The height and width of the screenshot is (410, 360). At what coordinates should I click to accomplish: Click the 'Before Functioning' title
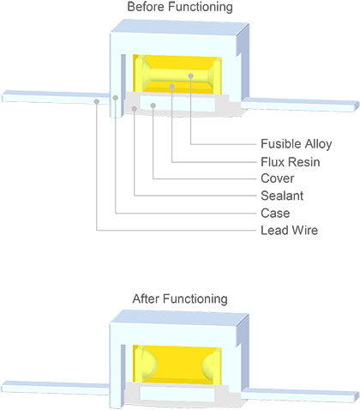pos(180,7)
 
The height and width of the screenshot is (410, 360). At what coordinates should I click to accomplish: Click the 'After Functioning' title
pos(180,298)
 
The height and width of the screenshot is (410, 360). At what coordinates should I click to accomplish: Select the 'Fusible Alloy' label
pos(297,144)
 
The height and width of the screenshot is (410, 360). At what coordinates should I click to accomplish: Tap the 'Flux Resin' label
pos(291,162)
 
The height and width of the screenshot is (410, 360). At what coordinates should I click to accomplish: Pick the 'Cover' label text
pos(278,178)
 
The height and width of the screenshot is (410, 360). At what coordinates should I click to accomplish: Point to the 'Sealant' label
pos(282,196)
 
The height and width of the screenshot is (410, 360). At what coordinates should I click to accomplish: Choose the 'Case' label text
pos(275,214)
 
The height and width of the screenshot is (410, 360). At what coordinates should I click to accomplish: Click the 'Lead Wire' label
pos(289,231)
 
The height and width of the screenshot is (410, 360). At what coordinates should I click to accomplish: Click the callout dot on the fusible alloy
pos(190,76)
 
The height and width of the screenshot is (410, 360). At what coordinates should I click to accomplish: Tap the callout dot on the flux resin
pos(171,87)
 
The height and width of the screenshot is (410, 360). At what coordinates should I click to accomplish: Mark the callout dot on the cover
pos(153,106)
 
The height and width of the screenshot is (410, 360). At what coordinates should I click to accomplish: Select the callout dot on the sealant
pos(135,109)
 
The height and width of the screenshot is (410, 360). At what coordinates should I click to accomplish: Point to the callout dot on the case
pos(116,98)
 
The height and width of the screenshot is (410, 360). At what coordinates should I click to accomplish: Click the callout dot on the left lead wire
pos(97,101)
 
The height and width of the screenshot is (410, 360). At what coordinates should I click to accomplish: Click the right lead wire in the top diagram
pos(300,105)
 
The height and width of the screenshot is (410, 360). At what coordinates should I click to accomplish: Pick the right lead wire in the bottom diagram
pos(300,395)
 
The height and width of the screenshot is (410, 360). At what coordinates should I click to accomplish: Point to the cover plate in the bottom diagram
pos(177,394)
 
